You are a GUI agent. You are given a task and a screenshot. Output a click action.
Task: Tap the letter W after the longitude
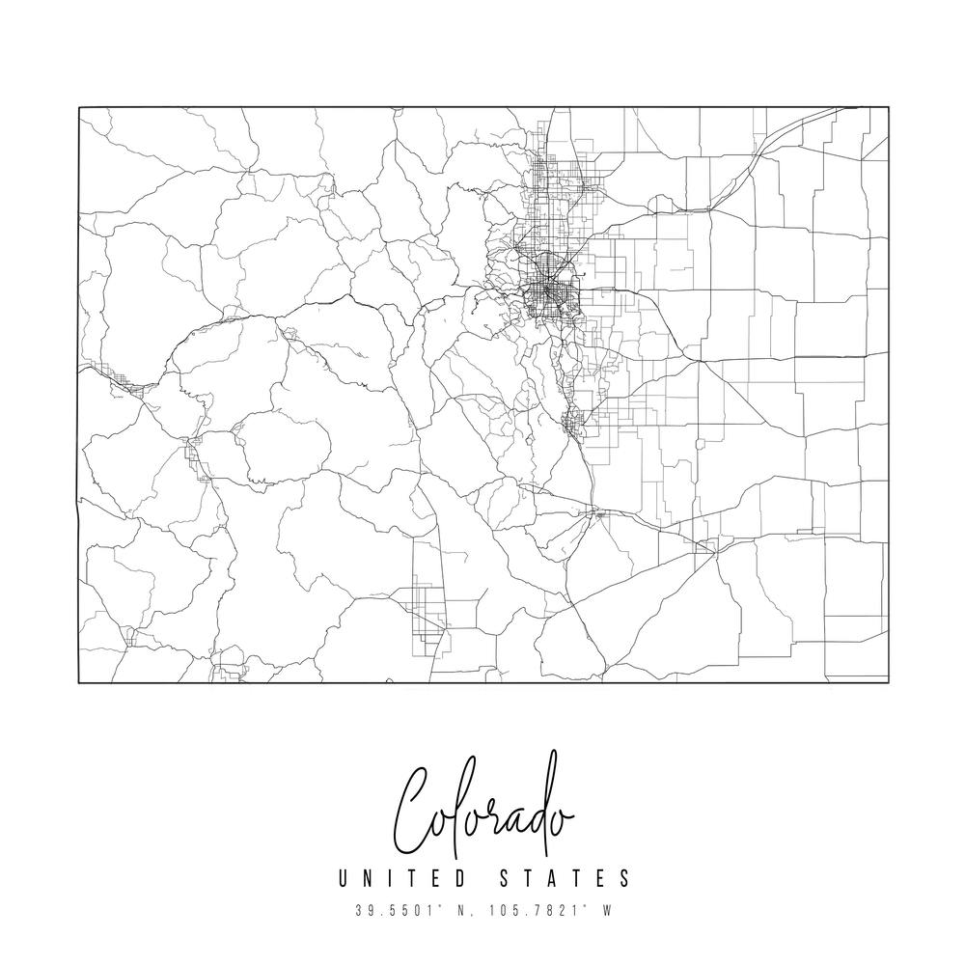607,909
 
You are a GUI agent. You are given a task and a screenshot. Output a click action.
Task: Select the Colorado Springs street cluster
574,422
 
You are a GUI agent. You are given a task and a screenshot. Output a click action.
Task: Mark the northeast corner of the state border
888,107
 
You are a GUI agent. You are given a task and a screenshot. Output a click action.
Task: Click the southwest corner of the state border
79,682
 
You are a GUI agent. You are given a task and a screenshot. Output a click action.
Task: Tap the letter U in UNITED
345,879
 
